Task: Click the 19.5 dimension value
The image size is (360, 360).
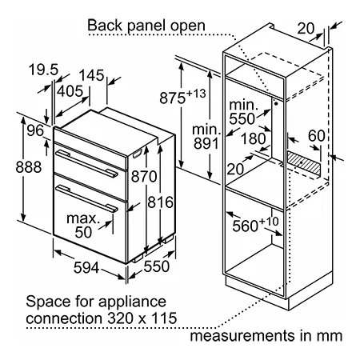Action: (43, 70)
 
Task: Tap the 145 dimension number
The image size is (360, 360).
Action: (92, 75)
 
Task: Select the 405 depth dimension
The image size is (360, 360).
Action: (70, 91)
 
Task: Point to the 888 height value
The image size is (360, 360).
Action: (29, 167)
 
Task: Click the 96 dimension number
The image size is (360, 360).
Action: (35, 130)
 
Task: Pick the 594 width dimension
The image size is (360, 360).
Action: (86, 267)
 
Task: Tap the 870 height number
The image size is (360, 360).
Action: (144, 177)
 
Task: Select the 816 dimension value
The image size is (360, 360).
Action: (160, 202)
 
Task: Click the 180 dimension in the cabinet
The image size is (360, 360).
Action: (254, 138)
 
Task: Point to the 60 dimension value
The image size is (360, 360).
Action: (317, 136)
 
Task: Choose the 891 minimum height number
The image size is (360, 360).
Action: (206, 143)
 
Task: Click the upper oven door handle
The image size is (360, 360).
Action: (86, 163)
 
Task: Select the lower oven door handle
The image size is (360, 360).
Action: (86, 198)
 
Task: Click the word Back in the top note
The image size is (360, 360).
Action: (105, 26)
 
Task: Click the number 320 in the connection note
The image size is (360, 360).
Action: (121, 318)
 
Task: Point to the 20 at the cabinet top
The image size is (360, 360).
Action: (306, 28)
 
